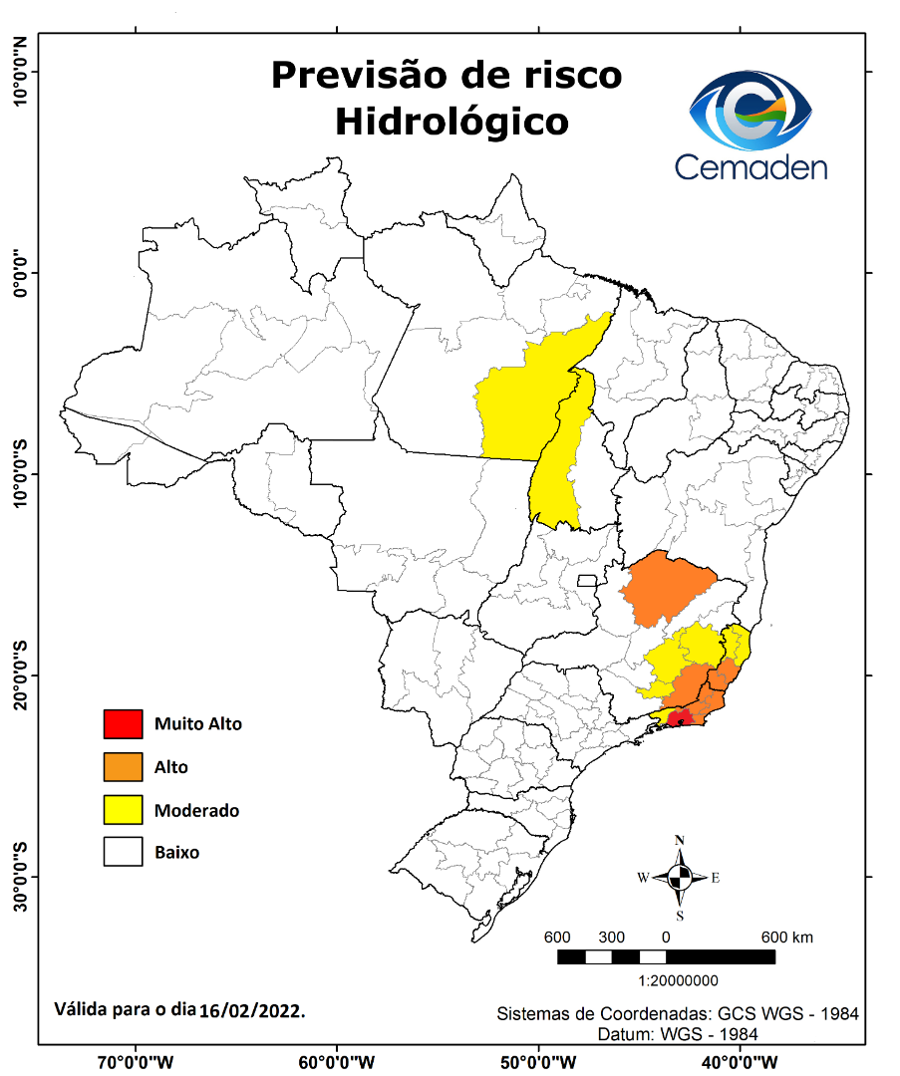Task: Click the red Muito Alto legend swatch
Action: [x=123, y=724]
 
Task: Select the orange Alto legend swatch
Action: [x=123, y=767]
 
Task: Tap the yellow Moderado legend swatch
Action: [x=123, y=810]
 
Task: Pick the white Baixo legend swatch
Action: [x=123, y=853]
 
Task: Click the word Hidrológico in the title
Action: [x=451, y=122]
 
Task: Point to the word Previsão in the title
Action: [x=360, y=76]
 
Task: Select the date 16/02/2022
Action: [x=252, y=1009]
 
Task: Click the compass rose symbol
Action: [x=680, y=878]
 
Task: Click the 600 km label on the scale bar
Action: [x=787, y=938]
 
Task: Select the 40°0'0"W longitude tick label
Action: [x=740, y=1060]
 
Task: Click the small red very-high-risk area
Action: [x=681, y=720]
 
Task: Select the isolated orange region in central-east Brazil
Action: [x=666, y=588]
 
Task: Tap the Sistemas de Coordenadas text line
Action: [x=678, y=1014]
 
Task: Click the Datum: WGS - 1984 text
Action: [x=678, y=1034]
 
